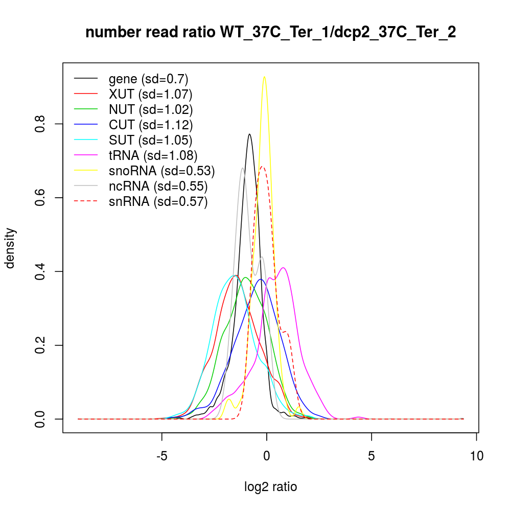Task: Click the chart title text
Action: [x=270, y=33]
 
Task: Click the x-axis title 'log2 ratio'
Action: [x=270, y=487]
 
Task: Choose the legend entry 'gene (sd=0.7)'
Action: [x=148, y=79]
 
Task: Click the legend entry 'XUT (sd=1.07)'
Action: [x=150, y=94]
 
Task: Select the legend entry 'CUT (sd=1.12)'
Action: [x=151, y=125]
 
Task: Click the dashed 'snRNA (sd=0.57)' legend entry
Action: [x=158, y=202]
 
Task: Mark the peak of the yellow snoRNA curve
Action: [x=264, y=77]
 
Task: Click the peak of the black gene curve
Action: [x=249, y=134]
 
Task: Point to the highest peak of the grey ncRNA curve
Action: [x=242, y=168]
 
